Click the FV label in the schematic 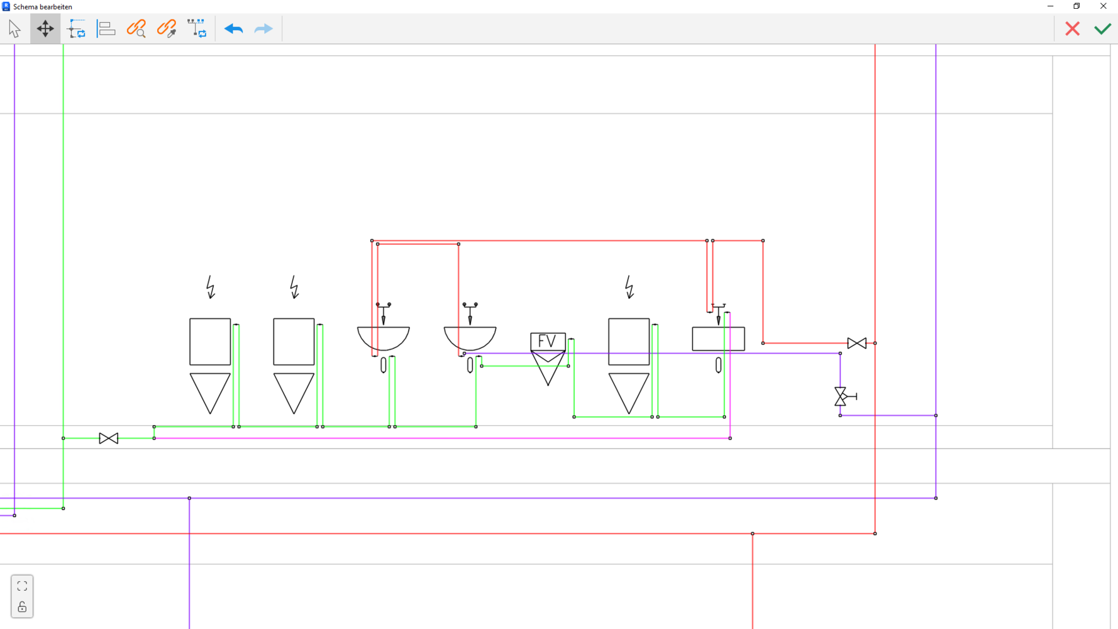[547, 342]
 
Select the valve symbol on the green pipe [108, 438]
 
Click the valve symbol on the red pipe [856, 343]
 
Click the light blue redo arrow [263, 29]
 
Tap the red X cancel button [1072, 29]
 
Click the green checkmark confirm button [1102, 29]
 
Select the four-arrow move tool [45, 29]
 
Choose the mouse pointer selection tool [14, 29]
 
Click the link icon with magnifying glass [136, 29]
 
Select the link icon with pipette [167, 29]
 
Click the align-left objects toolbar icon [106, 29]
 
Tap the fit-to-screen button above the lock [22, 586]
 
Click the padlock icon [22, 607]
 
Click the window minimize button [1050, 6]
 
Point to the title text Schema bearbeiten [43, 7]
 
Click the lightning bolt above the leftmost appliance [211, 287]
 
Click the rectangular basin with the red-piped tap [718, 339]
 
